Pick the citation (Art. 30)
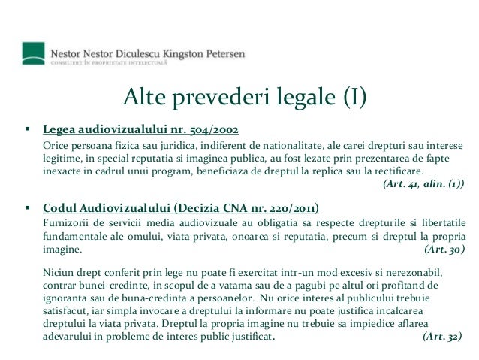(444, 249)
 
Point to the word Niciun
(58, 271)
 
